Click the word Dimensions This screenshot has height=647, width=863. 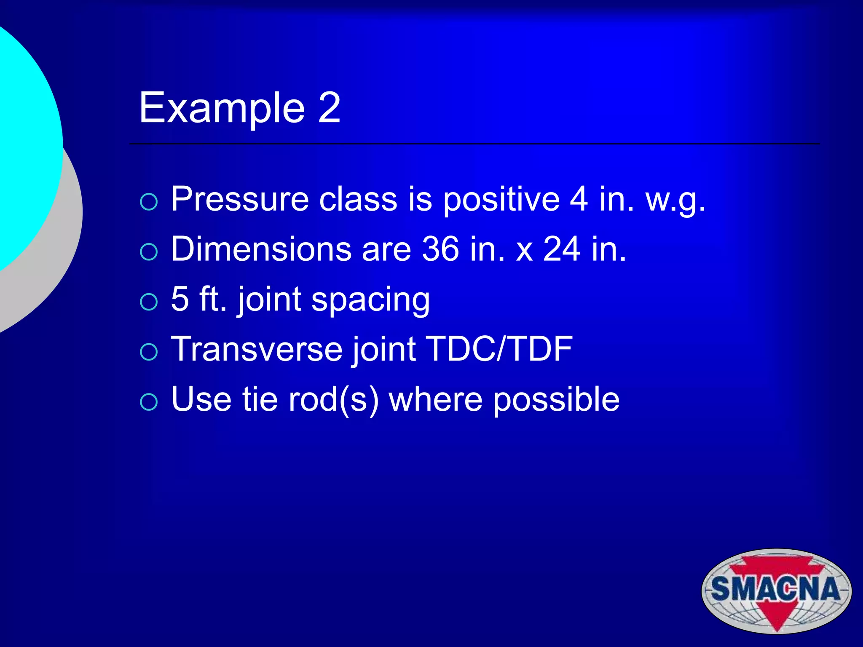[x=261, y=249]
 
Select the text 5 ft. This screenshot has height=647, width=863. [x=198, y=299]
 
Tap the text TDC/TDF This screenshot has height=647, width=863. [x=499, y=349]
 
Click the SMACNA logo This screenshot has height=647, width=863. [x=776, y=591]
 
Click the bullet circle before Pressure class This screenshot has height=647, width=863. [x=149, y=202]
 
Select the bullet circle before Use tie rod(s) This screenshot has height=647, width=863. [x=149, y=402]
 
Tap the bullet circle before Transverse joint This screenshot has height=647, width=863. [x=149, y=352]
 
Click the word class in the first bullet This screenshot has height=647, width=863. [x=358, y=199]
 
